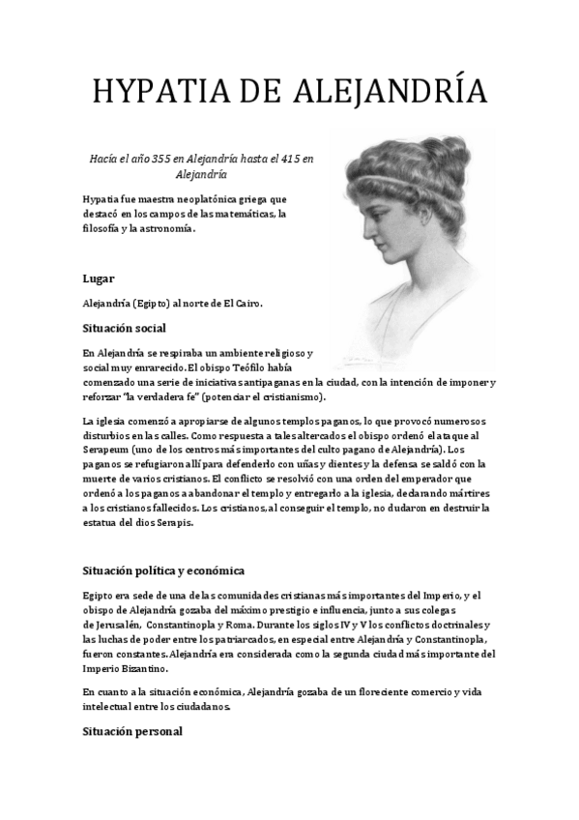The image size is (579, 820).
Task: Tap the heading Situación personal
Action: [x=131, y=732]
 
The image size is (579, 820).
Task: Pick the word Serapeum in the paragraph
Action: [x=110, y=450]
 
